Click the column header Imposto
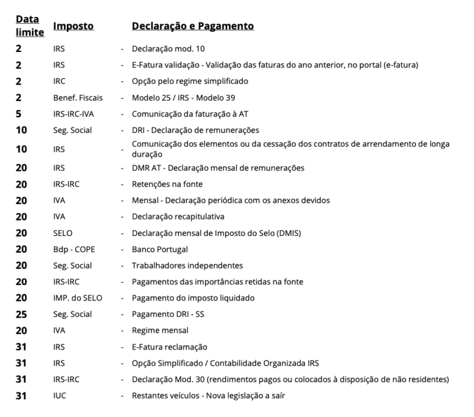point(73,27)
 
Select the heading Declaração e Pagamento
point(193,27)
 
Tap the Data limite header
point(29,26)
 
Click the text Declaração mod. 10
point(168,49)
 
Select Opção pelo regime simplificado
point(190,81)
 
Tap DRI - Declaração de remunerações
point(196,130)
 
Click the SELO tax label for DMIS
point(62,233)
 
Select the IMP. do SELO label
point(77,298)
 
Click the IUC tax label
point(59,396)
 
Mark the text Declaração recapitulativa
point(178,216)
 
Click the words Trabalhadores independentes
point(188,266)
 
